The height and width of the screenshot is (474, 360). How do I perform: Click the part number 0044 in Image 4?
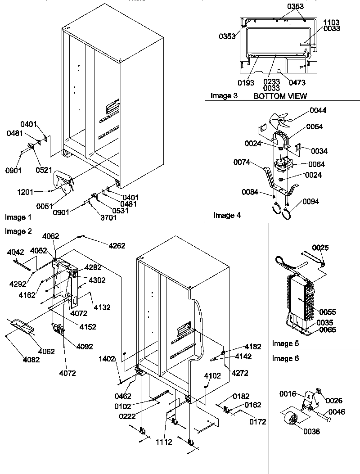(318, 110)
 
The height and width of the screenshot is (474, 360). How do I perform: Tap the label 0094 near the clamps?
(310, 201)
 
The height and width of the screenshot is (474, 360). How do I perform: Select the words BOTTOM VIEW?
(280, 96)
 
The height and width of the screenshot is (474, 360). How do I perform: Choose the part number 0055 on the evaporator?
(327, 312)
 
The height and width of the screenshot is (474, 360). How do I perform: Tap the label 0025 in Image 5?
(320, 248)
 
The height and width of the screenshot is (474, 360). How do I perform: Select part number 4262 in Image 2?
(116, 246)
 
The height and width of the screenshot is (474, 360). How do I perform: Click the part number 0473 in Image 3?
(297, 82)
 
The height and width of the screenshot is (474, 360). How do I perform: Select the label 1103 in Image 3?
(331, 23)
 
